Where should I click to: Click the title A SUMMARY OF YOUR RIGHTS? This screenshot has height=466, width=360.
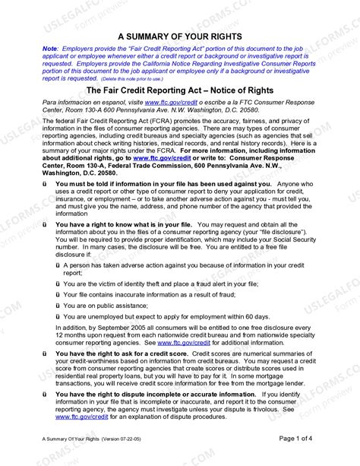(180, 36)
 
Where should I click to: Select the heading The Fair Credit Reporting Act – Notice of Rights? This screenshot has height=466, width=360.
(180, 89)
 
